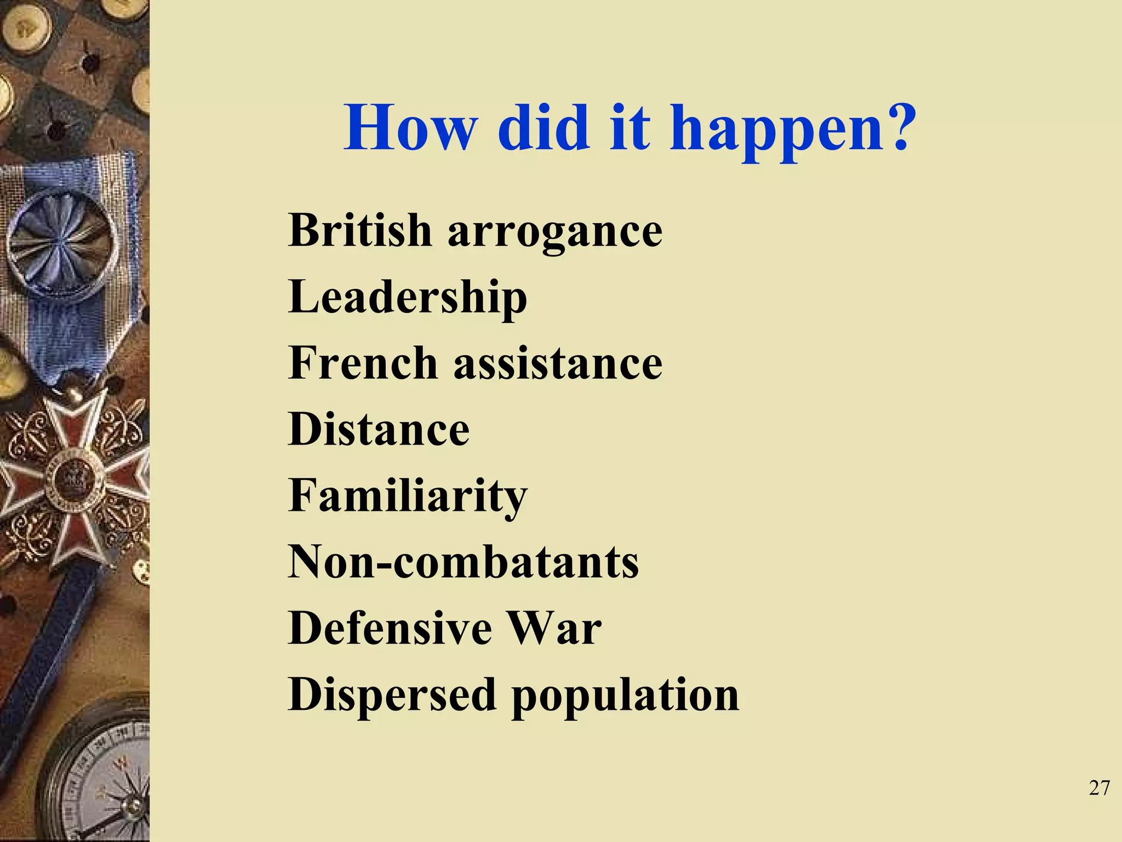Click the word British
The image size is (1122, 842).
point(360,230)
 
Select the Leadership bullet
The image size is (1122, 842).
point(408,298)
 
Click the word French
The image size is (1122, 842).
point(363,363)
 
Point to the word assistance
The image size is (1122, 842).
point(558,364)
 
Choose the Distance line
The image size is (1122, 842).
point(379,429)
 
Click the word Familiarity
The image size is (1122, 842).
point(408,497)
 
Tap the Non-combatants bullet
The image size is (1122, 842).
point(463,562)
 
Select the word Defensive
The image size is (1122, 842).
point(390,628)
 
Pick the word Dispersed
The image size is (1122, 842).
point(392,695)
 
